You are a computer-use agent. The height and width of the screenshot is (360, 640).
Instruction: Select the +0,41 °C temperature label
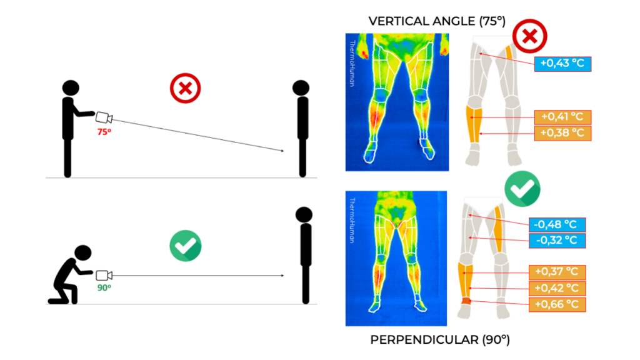(x=562, y=117)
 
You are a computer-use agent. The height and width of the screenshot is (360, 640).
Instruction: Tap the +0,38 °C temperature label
(x=562, y=132)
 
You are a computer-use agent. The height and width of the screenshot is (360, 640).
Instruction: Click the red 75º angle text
(x=103, y=132)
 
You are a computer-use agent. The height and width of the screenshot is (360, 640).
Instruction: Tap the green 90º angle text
(x=103, y=287)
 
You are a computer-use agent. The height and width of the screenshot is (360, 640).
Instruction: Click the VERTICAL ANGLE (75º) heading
(x=437, y=21)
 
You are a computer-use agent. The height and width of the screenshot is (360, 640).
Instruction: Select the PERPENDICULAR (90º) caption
(x=440, y=340)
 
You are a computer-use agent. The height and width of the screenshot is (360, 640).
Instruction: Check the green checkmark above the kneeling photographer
(x=185, y=246)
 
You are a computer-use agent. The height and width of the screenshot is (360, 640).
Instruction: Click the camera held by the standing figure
(x=104, y=117)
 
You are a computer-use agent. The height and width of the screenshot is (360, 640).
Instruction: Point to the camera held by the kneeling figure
(x=104, y=275)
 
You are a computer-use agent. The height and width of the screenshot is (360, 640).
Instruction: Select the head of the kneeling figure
(x=83, y=252)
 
